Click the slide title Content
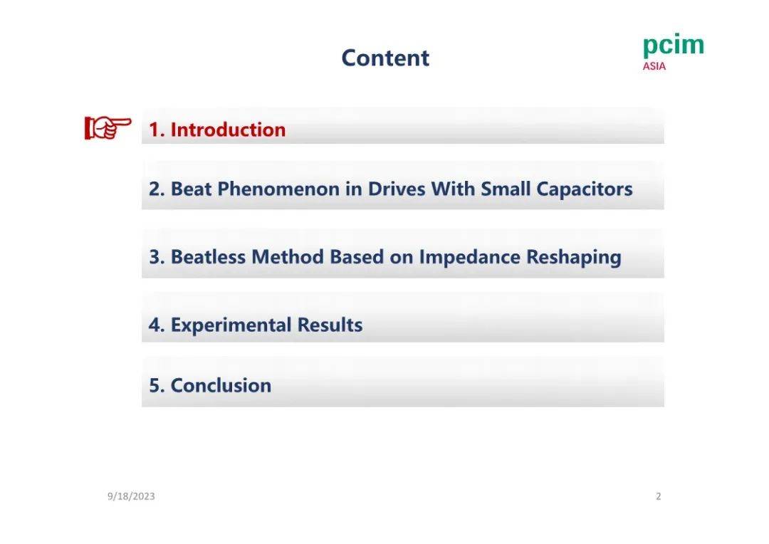coord(385,58)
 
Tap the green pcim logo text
coord(674,45)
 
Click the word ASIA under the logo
coord(654,66)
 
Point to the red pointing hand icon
coord(108,127)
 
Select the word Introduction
coord(228,130)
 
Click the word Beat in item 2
coord(191,189)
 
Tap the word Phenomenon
coord(278,189)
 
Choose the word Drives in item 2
coord(397,189)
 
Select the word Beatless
coord(208,257)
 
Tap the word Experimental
coord(231,325)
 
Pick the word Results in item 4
coord(330,325)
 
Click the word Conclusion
coord(221,385)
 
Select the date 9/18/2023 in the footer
coord(131,496)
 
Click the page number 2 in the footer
coord(659,496)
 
